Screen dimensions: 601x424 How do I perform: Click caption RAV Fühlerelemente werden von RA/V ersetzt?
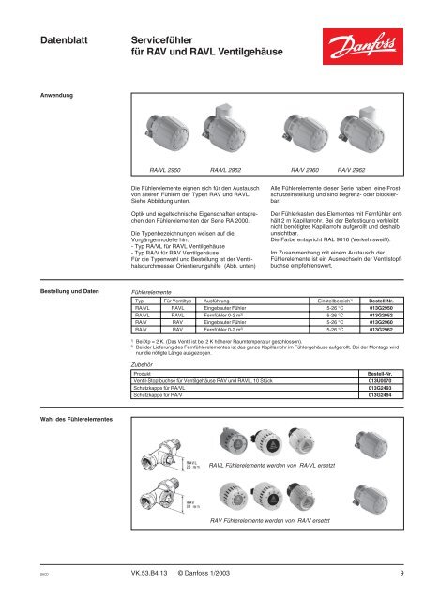click(270, 520)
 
